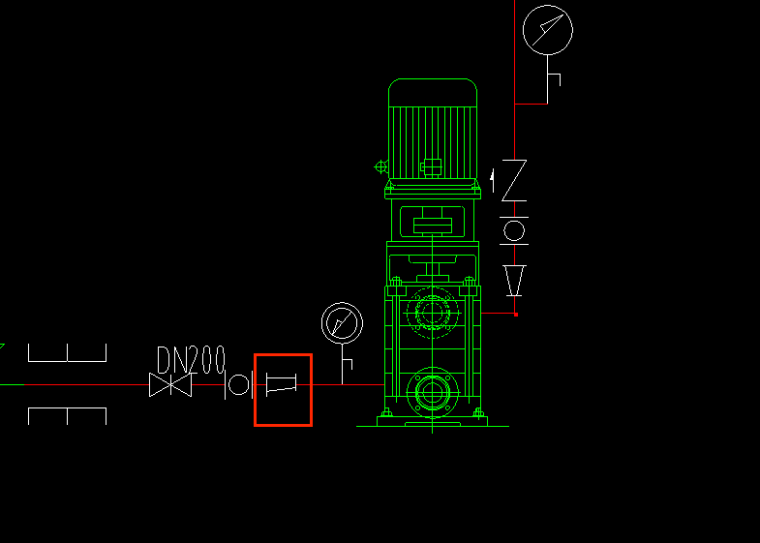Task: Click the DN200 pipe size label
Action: pos(192,359)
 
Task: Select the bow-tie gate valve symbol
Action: pos(170,384)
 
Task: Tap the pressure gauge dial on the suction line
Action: pos(342,323)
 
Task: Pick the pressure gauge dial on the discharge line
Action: pos(548,30)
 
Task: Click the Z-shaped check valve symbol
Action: pos(514,180)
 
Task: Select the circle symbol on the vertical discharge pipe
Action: pos(514,230)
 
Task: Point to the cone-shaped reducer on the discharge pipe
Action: pos(514,281)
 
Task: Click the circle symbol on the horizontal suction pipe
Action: pos(238,385)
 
